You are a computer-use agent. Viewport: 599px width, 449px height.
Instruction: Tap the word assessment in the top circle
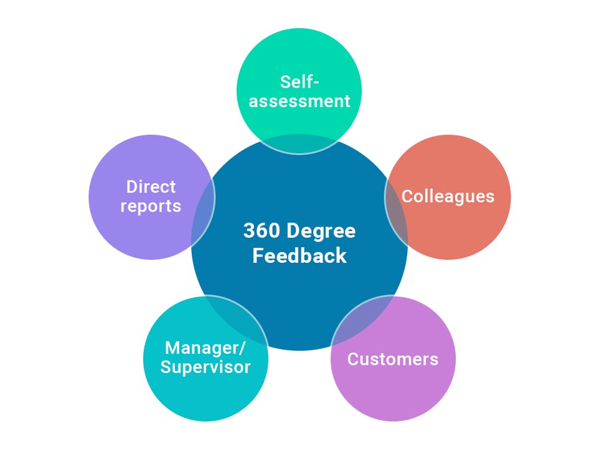click(299, 101)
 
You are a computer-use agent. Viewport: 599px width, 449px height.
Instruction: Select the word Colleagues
click(448, 196)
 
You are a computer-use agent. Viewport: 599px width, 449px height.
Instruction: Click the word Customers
click(393, 359)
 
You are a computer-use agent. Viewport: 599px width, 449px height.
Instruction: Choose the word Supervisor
click(205, 367)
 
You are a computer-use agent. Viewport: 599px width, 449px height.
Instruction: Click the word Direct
click(151, 187)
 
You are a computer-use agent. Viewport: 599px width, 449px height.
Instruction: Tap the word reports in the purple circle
click(151, 206)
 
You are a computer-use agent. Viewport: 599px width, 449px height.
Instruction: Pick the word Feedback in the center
click(299, 256)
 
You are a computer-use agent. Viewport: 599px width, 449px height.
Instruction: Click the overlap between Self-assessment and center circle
click(299, 144)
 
